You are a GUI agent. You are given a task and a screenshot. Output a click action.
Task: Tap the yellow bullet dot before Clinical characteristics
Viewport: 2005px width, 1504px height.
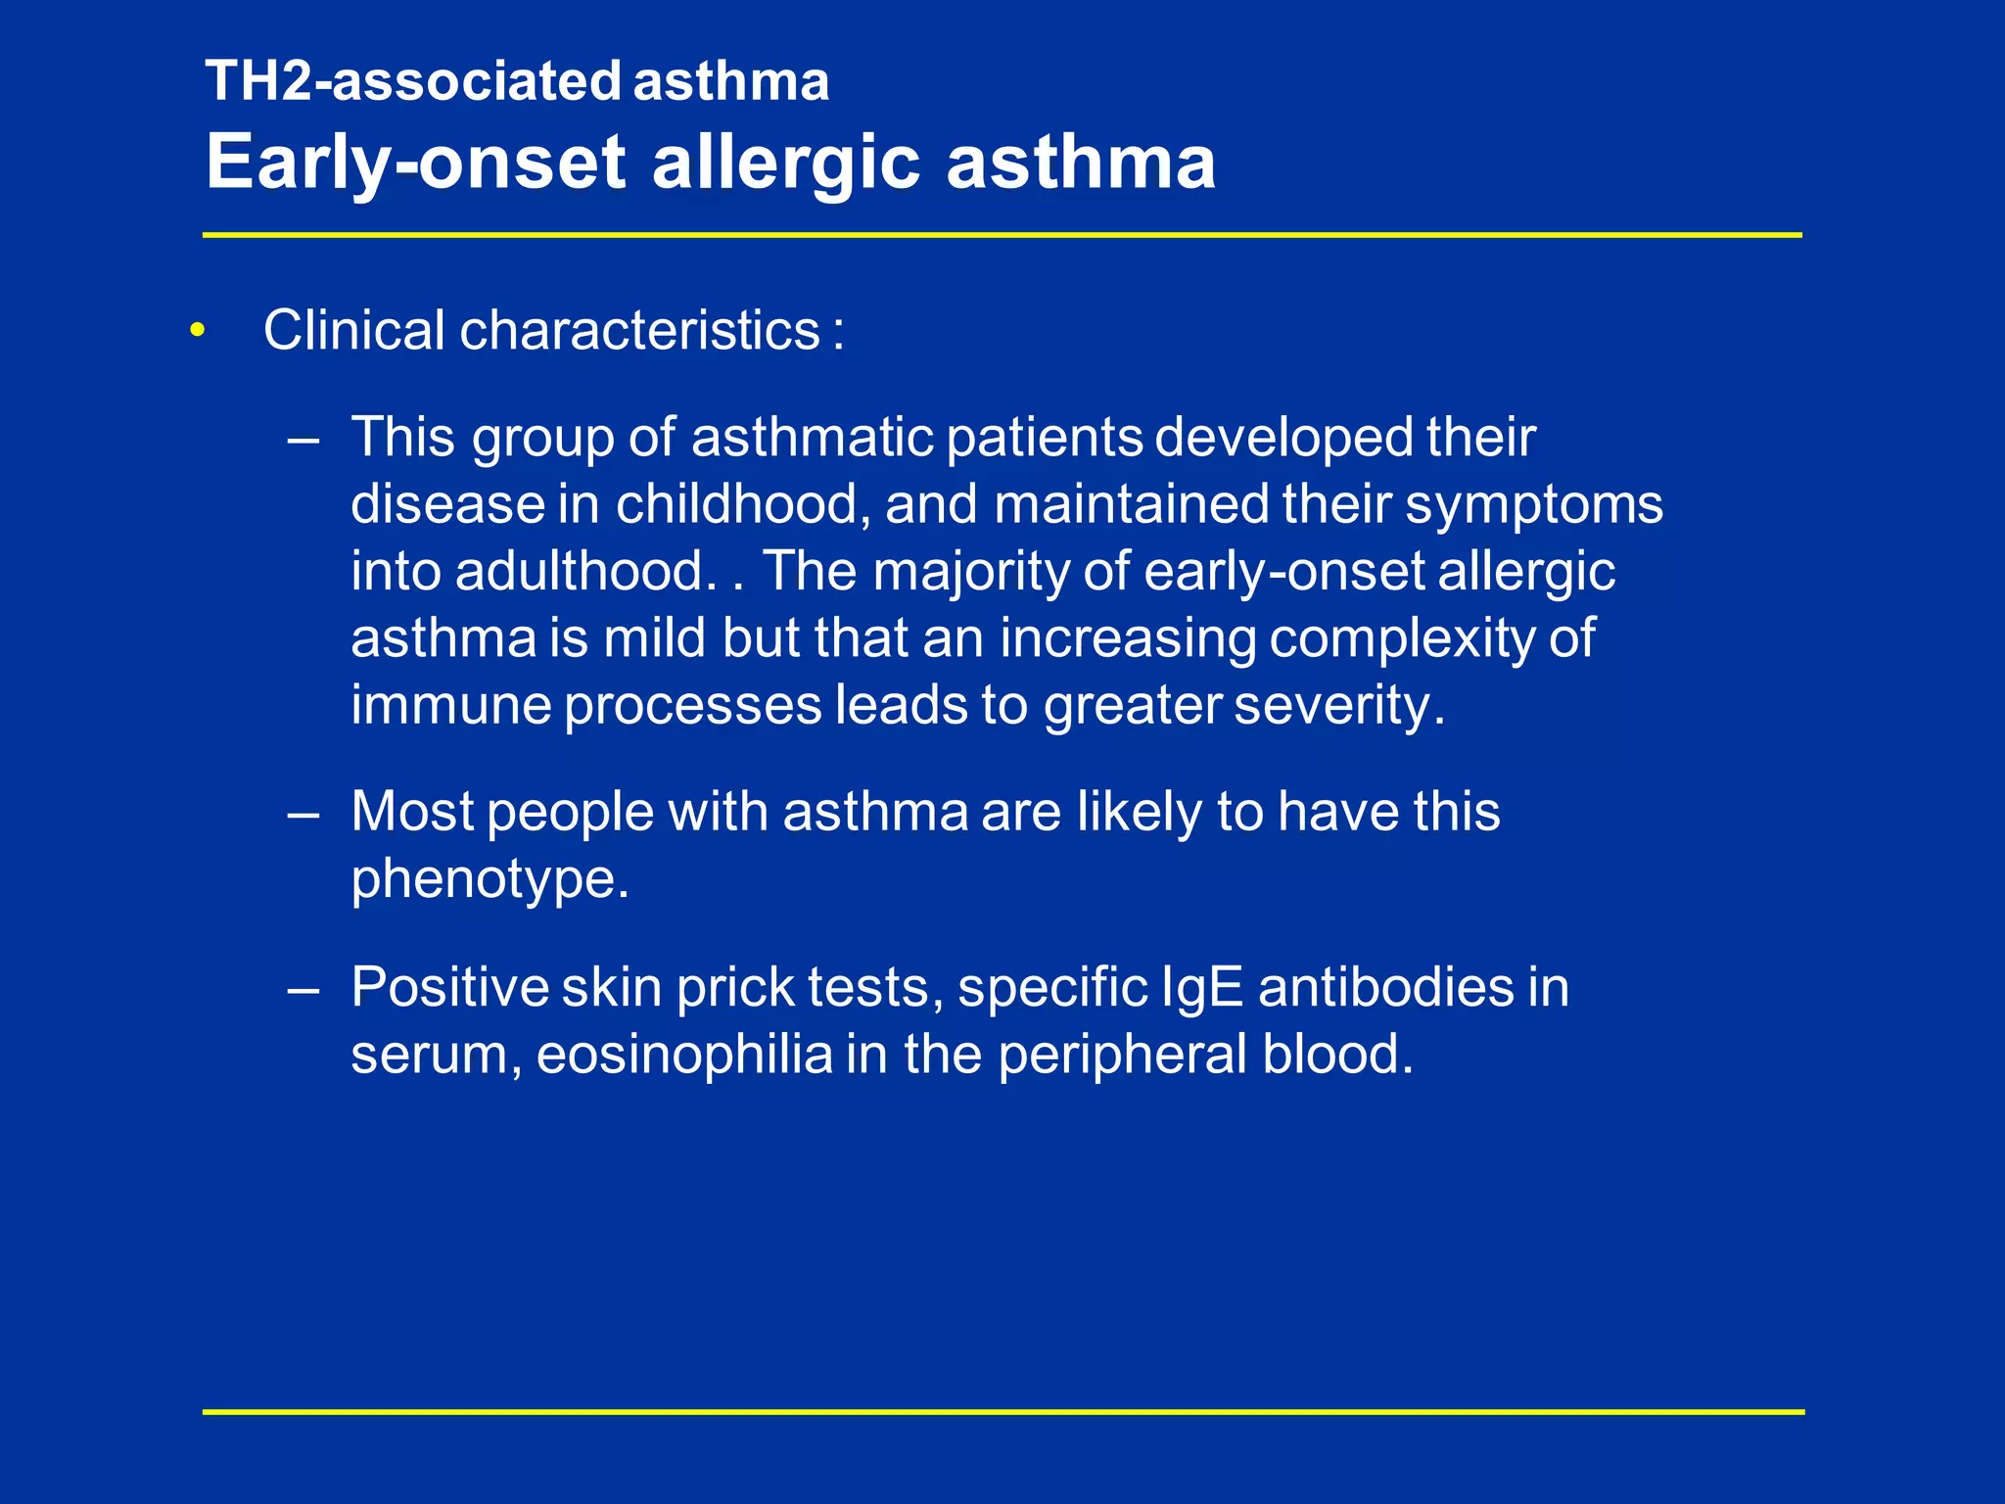(x=199, y=331)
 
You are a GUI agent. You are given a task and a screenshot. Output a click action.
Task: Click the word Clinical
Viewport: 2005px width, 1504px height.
(x=354, y=330)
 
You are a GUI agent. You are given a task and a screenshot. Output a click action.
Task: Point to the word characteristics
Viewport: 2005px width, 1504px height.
(x=639, y=330)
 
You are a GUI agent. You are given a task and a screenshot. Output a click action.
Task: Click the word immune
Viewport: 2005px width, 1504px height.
(x=450, y=705)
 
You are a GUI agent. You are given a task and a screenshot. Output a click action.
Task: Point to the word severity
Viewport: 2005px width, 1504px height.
(x=1338, y=705)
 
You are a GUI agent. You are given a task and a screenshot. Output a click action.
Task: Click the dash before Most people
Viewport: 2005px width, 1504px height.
(x=303, y=813)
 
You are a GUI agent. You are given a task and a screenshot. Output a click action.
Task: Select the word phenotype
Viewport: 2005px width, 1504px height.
(x=490, y=879)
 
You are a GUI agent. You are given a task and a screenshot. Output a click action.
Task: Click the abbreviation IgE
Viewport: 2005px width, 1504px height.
(x=1202, y=987)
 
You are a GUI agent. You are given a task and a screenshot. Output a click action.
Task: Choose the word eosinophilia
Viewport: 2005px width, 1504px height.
(x=684, y=1055)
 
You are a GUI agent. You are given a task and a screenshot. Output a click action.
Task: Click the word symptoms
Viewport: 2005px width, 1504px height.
(x=1534, y=505)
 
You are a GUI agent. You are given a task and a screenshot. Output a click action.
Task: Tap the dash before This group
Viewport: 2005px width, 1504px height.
(x=303, y=439)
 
